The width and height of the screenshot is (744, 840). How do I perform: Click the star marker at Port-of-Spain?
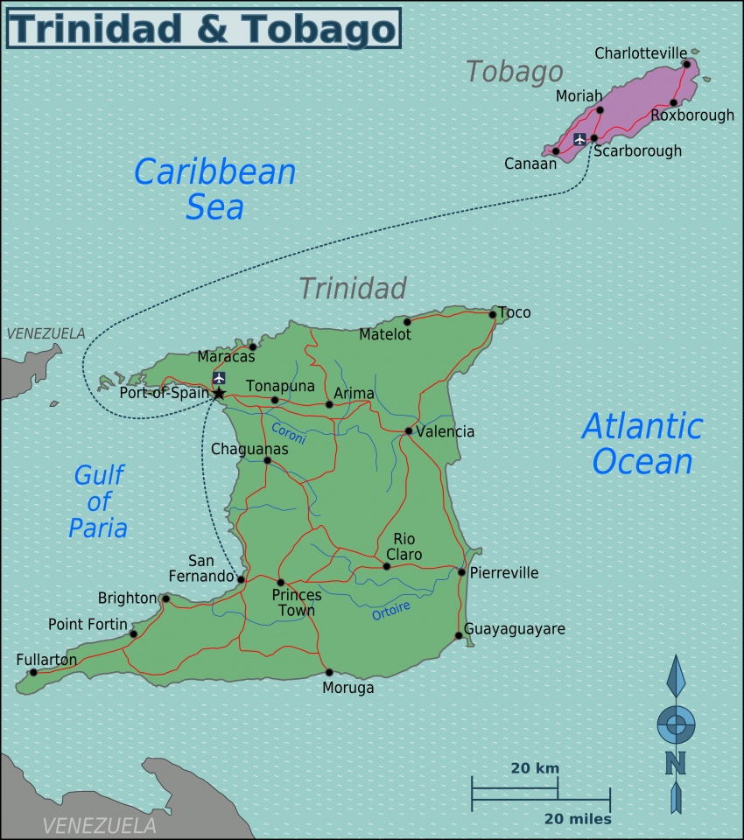[x=219, y=394]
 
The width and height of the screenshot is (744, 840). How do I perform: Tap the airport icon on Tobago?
[x=579, y=139]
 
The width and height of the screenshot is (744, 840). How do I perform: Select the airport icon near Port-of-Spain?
[x=219, y=378]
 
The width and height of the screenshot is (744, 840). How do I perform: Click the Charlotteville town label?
[x=641, y=53]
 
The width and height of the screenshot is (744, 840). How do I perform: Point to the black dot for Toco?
[x=493, y=315]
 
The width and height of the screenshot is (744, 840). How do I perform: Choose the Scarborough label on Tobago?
[x=637, y=151]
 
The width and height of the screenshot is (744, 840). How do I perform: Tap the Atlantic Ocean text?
[x=642, y=444]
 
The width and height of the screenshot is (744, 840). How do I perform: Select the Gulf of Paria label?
[x=100, y=501]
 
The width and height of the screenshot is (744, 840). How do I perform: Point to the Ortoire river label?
[x=391, y=611]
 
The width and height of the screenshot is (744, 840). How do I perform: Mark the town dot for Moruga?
[x=329, y=673]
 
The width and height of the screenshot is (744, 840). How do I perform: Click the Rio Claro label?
[x=407, y=547]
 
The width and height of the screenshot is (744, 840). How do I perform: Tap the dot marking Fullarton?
[x=33, y=673]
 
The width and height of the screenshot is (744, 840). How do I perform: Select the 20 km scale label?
[x=535, y=768]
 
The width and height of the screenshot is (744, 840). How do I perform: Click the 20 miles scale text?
[x=578, y=819]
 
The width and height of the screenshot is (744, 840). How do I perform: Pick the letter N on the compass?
[x=675, y=763]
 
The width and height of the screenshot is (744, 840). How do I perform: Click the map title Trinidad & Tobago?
[x=202, y=28]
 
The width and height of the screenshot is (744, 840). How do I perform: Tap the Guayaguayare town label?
[x=515, y=629]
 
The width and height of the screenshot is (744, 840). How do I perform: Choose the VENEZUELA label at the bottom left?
[x=100, y=825]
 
